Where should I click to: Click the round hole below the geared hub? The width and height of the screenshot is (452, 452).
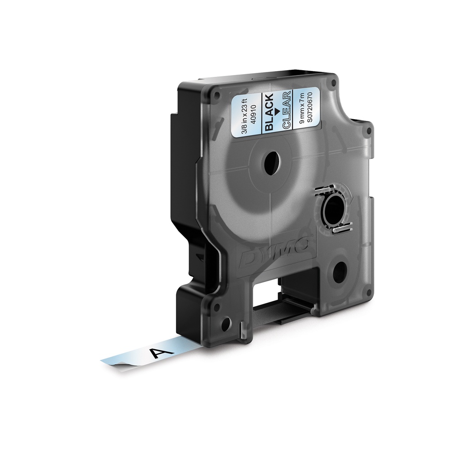click(x=339, y=271)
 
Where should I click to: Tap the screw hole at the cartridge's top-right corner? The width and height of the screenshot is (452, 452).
click(x=335, y=83)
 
